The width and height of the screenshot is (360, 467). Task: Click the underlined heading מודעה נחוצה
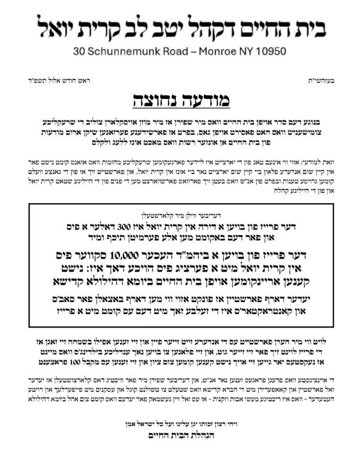[179, 98]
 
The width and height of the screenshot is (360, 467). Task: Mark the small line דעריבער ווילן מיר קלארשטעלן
[180, 214]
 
